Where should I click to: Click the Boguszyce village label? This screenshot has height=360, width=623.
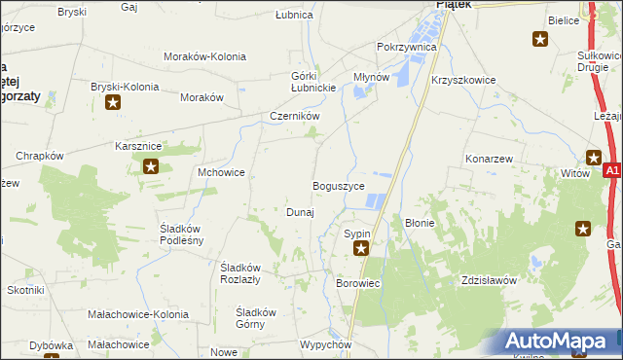tap(338, 186)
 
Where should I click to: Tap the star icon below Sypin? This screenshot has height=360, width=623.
tap(361, 249)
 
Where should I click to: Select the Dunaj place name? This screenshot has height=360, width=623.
tap(299, 212)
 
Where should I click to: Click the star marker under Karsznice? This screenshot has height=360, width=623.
tap(151, 166)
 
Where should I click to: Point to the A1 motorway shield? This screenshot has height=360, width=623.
tap(611, 171)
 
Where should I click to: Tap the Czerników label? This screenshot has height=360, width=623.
tap(295, 117)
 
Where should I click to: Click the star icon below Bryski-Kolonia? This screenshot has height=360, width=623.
tap(114, 102)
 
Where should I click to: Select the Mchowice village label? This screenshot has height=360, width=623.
tap(221, 172)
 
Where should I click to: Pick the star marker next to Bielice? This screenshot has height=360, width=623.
tap(540, 39)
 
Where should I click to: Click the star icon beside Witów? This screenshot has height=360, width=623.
tap(595, 157)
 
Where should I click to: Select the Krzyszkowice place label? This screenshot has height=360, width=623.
tap(463, 81)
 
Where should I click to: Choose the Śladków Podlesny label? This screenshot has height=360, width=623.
tap(182, 234)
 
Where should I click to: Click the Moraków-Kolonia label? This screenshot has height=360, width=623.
tap(204, 57)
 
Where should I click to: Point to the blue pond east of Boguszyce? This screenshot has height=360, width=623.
tap(373, 201)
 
